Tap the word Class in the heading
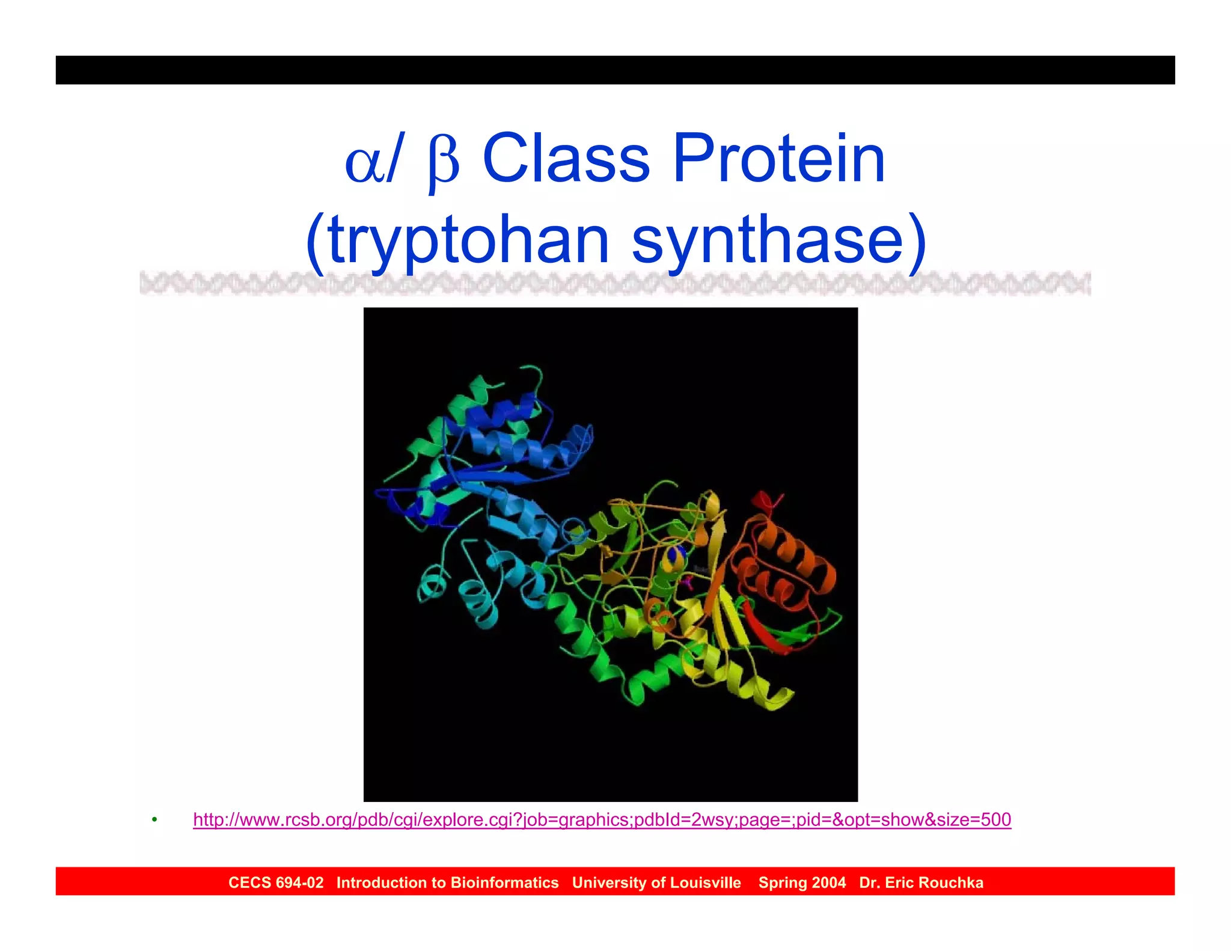(566, 159)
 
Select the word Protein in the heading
(778, 159)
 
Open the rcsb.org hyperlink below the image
(602, 819)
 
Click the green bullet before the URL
(154, 820)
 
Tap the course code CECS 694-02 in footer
(276, 882)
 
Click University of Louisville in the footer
(656, 882)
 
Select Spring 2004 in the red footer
(802, 882)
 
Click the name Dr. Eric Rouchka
(921, 882)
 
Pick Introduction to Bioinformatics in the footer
(447, 882)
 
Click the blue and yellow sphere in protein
(675, 558)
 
